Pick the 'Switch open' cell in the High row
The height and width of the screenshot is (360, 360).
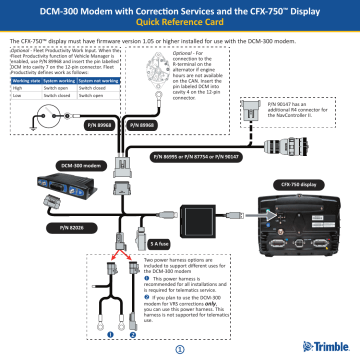coord(55,88)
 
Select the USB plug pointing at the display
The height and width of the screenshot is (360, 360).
coord(261,214)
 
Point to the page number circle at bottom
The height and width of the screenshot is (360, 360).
coord(180,348)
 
